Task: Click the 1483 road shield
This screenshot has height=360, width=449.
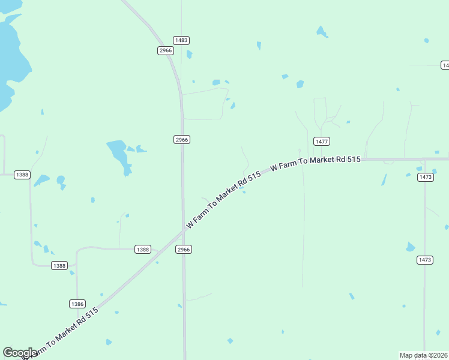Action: coord(181,40)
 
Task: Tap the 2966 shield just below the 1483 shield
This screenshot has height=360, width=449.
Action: coord(166,50)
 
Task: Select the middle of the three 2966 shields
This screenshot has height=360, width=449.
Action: coord(182,139)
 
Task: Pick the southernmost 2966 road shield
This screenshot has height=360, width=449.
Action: coord(184,249)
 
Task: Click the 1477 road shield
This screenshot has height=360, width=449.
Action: coord(322,141)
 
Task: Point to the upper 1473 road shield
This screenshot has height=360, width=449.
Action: coord(426,177)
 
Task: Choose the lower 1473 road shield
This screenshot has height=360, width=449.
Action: coord(424,260)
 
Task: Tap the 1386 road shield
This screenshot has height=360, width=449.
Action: coord(77,304)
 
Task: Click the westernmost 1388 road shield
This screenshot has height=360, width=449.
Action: coord(22,175)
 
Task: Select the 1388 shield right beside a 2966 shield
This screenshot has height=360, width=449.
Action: coord(143,249)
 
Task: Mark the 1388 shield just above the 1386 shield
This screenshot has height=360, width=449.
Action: coord(59,265)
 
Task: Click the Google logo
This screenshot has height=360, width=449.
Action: coord(19,353)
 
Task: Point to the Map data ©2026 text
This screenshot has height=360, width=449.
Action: coord(423,355)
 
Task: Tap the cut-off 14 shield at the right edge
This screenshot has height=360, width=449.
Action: coord(445,65)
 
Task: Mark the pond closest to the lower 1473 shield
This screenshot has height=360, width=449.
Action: coord(411,247)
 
